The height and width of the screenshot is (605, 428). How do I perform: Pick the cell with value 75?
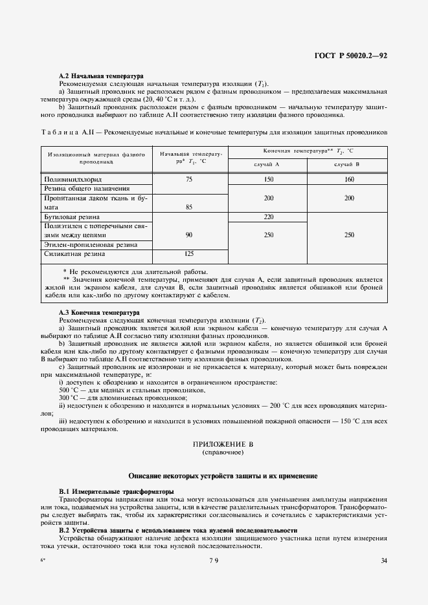point(189,179)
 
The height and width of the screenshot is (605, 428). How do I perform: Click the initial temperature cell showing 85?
point(189,207)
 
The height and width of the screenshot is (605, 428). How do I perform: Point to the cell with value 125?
point(189,254)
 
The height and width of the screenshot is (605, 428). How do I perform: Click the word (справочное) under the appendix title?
point(221,454)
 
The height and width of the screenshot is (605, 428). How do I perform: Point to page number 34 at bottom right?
point(384,560)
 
